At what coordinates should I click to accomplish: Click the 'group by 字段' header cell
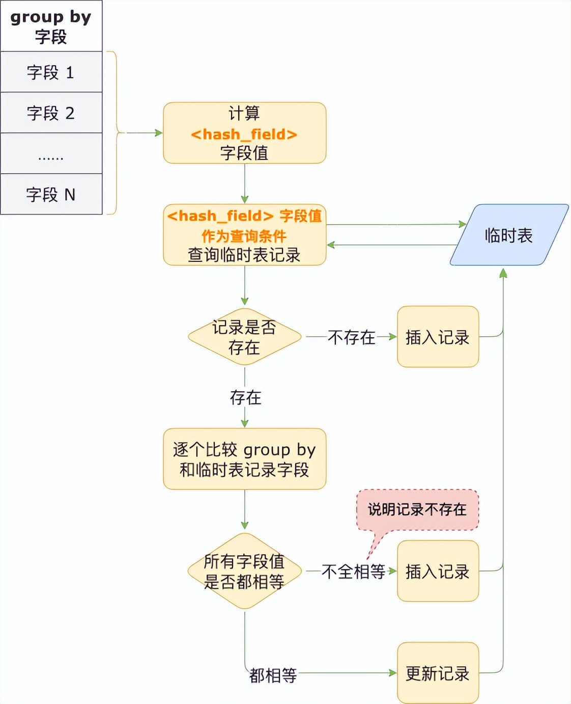(x=51, y=26)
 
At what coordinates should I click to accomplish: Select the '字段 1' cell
(x=51, y=72)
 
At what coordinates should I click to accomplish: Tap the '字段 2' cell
(x=51, y=113)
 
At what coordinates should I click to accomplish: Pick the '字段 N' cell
(x=51, y=194)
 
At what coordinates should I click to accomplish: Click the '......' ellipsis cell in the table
(x=51, y=153)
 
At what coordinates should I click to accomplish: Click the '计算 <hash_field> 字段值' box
(x=244, y=133)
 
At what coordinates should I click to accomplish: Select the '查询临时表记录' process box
(x=244, y=235)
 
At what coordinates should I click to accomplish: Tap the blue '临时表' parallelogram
(x=509, y=235)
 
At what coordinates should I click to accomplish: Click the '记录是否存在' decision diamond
(x=244, y=337)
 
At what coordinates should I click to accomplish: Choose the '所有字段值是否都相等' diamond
(x=244, y=571)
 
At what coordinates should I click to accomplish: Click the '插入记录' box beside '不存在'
(x=438, y=337)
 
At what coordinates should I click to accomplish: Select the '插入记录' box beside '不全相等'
(x=438, y=571)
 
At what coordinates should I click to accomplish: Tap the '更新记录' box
(x=438, y=673)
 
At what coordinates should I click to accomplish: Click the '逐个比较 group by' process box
(x=244, y=459)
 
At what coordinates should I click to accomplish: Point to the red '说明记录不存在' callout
(x=417, y=509)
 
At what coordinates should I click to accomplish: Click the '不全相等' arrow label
(x=353, y=572)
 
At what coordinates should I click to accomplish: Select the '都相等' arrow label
(x=273, y=675)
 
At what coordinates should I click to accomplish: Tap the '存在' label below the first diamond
(x=245, y=397)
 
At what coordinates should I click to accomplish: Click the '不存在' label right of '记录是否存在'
(x=351, y=337)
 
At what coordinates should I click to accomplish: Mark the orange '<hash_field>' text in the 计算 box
(x=244, y=134)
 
